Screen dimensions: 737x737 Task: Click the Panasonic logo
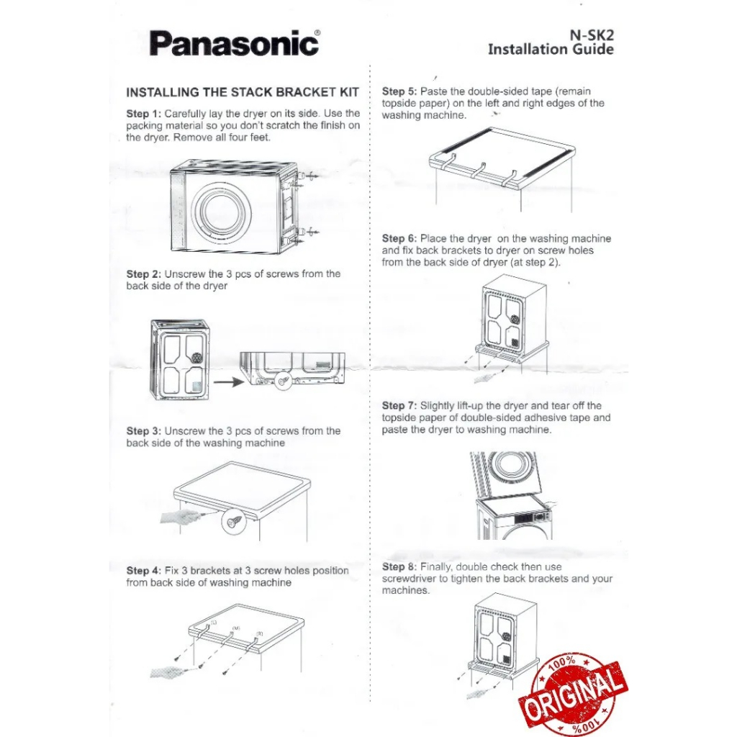234,44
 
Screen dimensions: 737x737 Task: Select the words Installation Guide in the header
551,49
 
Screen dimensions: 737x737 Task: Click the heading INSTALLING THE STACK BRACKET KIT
242,93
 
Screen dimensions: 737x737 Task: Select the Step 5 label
399,91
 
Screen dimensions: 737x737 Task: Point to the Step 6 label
399,238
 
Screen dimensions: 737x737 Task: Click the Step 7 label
399,406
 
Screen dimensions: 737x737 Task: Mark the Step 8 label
399,567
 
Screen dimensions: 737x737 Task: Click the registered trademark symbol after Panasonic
318,33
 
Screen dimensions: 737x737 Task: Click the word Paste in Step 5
434,91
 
